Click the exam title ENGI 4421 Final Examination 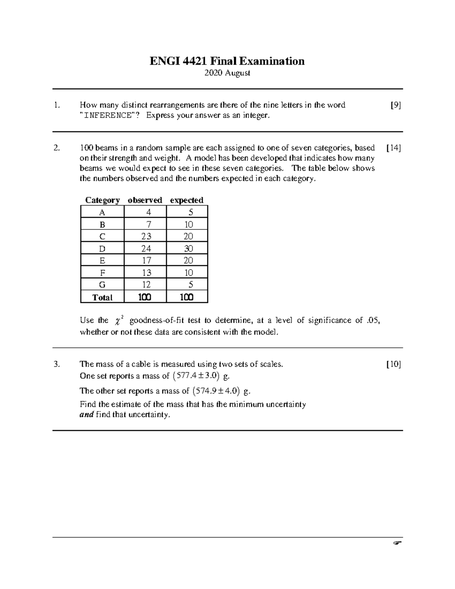[227, 61]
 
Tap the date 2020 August [227, 73]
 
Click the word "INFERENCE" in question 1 [107, 115]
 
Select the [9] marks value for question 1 [395, 105]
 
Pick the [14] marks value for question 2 [394, 148]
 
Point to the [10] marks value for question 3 [394, 364]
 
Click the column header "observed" [145, 200]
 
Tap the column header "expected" [187, 200]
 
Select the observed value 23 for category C [146, 236]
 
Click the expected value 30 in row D [188, 248]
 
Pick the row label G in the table [102, 285]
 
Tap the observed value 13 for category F [146, 273]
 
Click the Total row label [102, 297]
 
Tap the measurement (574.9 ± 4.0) [217, 391]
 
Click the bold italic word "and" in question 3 [86, 415]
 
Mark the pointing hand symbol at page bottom [397, 543]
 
